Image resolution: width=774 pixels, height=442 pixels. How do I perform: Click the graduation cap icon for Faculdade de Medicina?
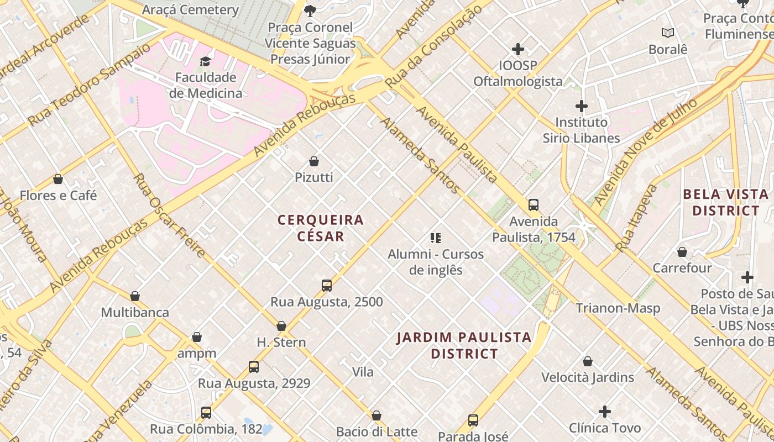coord(206,61)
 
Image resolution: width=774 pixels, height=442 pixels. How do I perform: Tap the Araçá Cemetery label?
coord(190,9)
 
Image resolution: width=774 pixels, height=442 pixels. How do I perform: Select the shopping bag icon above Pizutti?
coord(314,161)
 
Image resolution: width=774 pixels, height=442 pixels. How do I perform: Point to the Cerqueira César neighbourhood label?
coord(321,228)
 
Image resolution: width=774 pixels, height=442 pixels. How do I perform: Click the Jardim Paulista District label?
coord(464,345)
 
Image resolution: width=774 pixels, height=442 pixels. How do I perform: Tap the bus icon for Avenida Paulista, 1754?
coord(534,205)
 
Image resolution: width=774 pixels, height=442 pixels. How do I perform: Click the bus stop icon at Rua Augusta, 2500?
coord(327,286)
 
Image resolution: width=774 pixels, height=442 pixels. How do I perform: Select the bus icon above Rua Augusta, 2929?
coord(254,367)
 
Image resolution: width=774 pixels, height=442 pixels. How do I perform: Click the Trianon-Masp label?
coord(618,308)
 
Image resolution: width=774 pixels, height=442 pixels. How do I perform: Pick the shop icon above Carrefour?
coord(682,252)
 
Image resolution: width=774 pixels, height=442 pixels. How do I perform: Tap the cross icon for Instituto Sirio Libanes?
coord(581,106)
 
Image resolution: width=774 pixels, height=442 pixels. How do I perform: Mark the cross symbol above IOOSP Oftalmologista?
coord(518,50)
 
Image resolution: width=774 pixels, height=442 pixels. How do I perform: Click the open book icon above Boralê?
coord(668,33)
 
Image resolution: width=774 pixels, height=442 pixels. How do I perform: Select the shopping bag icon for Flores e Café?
coord(58,179)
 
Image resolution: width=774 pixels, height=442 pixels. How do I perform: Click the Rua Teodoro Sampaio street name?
coord(88,85)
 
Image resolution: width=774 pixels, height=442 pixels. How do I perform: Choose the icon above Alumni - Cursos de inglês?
coord(436,238)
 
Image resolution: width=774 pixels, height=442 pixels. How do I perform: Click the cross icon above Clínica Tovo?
coord(605,412)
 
